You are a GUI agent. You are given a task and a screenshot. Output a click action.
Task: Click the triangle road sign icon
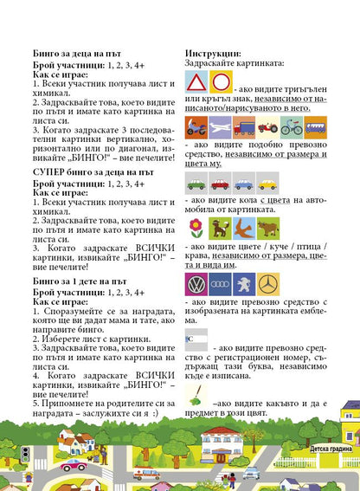[196, 83]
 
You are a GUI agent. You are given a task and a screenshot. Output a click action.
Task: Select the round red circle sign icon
[221, 83]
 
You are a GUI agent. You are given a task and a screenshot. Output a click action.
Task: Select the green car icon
[196, 184]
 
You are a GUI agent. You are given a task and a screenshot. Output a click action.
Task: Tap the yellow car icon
[267, 184]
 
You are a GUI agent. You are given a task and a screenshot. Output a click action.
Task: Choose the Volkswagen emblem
[196, 285]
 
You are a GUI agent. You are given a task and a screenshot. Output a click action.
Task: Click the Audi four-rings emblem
[220, 285]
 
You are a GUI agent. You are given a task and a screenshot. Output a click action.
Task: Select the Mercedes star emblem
[267, 285]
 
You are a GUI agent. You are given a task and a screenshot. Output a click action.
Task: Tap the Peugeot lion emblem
[244, 285]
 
